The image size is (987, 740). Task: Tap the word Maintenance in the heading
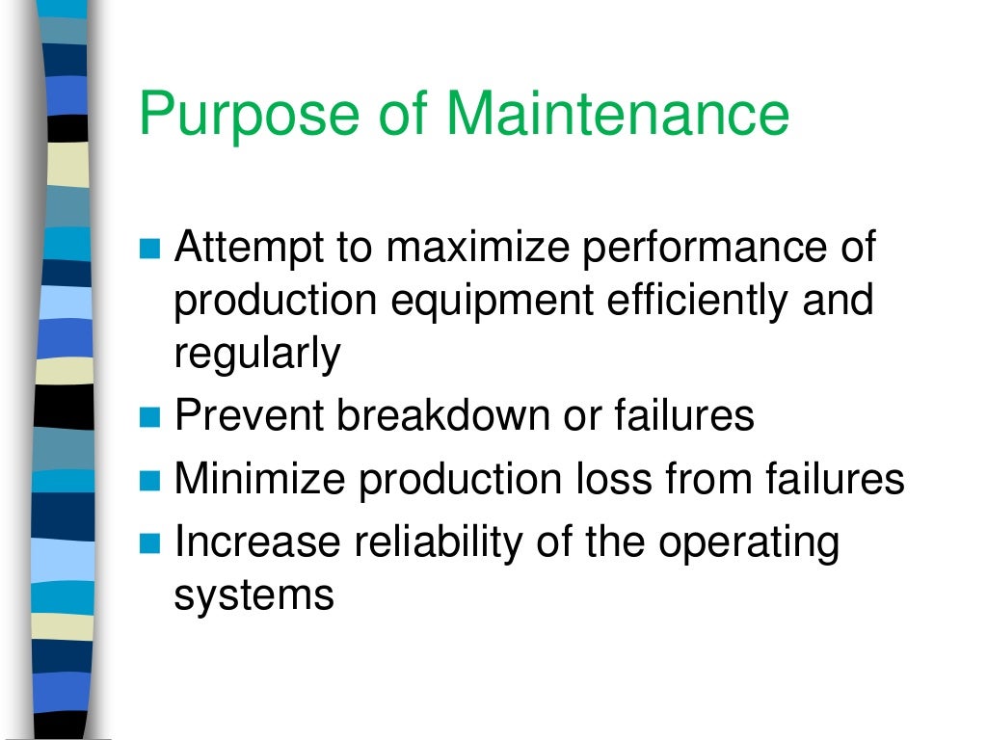(x=617, y=113)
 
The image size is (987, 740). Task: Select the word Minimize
(x=261, y=478)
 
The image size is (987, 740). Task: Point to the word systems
(x=253, y=595)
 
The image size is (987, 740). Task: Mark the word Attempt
(x=249, y=250)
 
